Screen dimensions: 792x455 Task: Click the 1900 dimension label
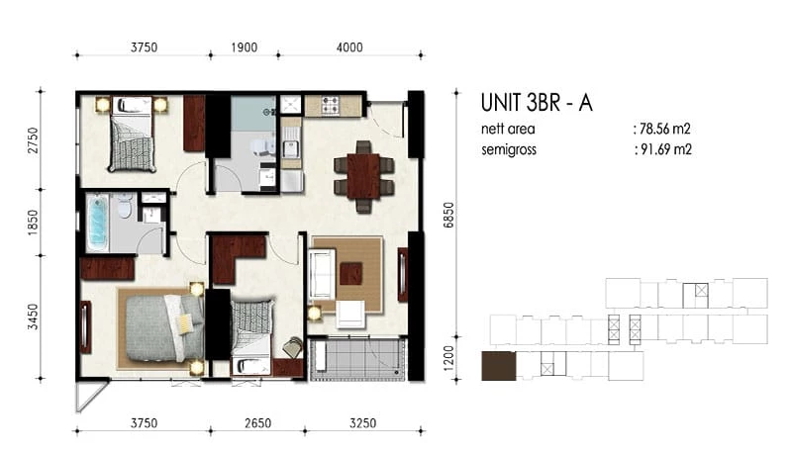point(245,47)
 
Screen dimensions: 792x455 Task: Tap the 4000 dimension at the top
point(349,47)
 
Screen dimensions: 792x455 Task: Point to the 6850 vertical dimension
point(448,215)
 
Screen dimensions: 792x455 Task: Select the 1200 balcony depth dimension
point(448,358)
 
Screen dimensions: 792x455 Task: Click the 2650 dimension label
point(258,423)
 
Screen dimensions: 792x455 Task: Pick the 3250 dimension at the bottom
point(362,423)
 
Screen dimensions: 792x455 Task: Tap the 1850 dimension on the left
point(33,223)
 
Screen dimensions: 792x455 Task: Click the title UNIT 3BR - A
point(537,103)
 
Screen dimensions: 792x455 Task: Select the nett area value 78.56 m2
point(664,130)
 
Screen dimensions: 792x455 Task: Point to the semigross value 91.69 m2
point(665,149)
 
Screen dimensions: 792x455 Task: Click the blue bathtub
point(97,223)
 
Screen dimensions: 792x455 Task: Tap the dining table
point(363,176)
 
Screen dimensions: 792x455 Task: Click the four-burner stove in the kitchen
point(331,105)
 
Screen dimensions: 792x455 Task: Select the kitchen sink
point(290,148)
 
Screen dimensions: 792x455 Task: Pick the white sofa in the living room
point(322,273)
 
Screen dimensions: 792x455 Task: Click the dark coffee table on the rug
point(351,274)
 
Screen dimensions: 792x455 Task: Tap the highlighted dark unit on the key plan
point(499,366)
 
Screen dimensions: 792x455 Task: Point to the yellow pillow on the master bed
point(184,322)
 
